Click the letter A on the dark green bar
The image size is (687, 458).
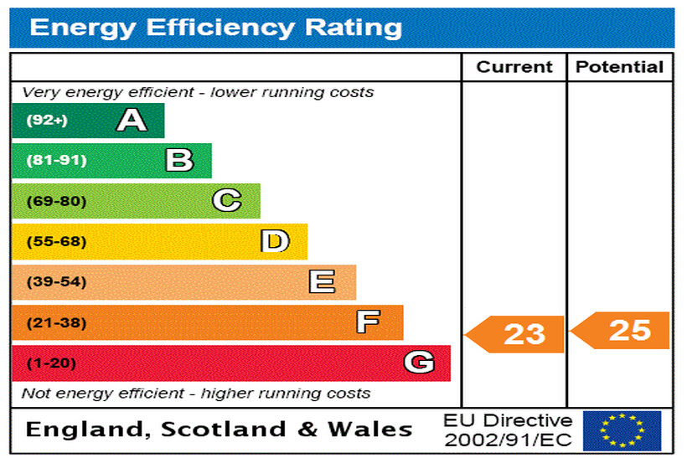tap(132, 121)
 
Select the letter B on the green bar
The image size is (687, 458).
tap(179, 160)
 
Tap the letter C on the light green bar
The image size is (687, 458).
tap(226, 201)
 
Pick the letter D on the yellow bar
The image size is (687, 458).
tap(275, 242)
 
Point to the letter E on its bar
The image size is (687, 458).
tap(322, 282)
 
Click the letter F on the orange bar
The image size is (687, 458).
tap(368, 322)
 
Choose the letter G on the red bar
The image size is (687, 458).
tap(419, 363)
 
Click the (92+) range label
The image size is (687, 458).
tap(46, 121)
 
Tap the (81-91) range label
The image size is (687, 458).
tap(56, 160)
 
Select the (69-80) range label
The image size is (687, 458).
tap(56, 201)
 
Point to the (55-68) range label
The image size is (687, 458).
tap(56, 242)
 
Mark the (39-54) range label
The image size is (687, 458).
tap(56, 282)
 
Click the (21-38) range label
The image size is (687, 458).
tap(56, 322)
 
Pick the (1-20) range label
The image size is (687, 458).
tap(51, 363)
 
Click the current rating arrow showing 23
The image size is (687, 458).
tap(516, 335)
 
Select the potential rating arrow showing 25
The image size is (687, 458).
tap(622, 331)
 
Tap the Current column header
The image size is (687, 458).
tap(514, 68)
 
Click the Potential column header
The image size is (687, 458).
tap(620, 68)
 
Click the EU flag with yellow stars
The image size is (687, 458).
tap(622, 430)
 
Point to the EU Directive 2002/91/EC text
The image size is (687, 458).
tap(508, 430)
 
